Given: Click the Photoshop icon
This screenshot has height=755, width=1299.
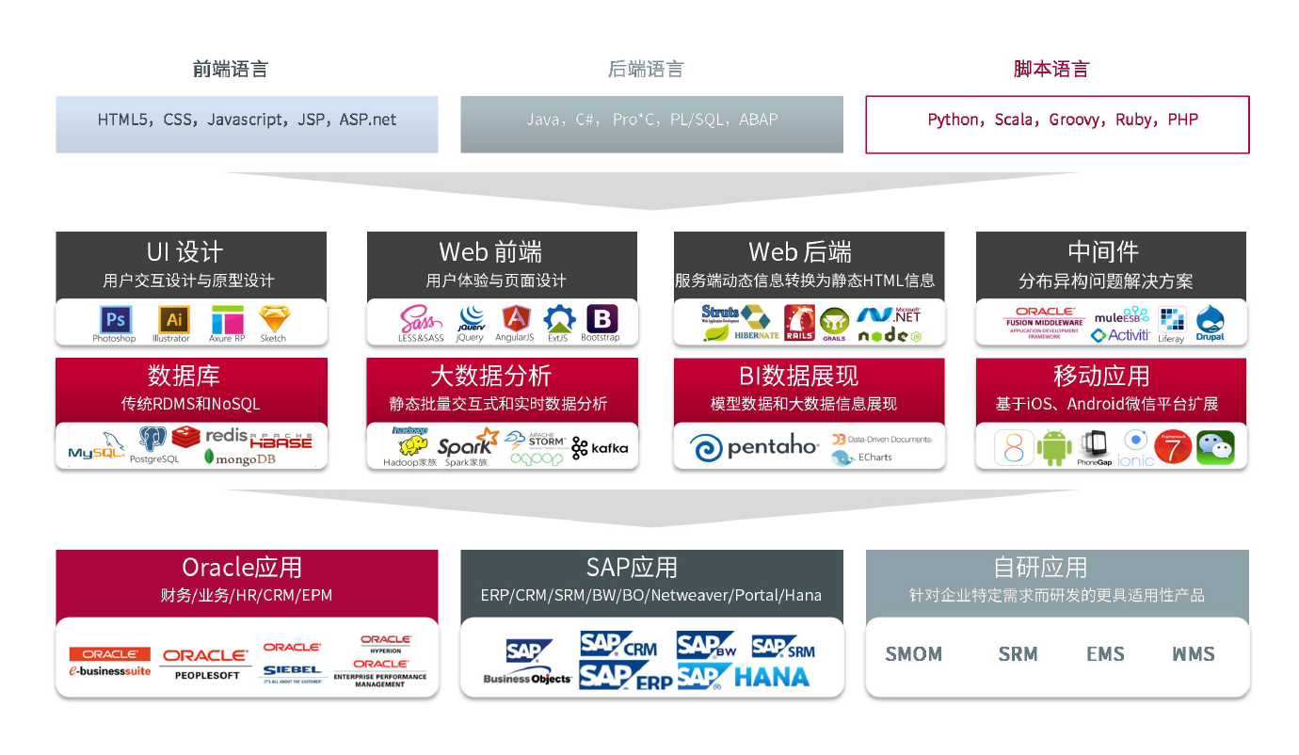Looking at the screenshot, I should coord(115,318).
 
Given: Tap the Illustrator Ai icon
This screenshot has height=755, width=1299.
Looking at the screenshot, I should coord(172,318).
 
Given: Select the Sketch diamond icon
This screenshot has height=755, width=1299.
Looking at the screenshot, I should coord(274,318).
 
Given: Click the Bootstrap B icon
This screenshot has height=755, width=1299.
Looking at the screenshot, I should coord(601,318).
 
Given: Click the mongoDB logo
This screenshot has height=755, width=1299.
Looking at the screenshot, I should coord(240,458).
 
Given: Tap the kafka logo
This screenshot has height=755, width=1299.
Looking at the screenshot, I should coord(600,448).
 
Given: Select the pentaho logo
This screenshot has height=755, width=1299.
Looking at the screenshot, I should coord(754,447).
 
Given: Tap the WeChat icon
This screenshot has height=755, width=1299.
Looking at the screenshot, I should coord(1215,447).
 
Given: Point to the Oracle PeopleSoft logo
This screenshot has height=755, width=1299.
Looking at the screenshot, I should coord(205,662).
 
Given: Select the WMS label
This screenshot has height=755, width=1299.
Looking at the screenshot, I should coord(1194,653).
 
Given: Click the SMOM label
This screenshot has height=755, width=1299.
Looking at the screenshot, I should coord(913,653).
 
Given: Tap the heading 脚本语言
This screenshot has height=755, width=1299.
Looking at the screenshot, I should coord(1050,69).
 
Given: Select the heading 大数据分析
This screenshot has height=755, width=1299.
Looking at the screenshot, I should coord(490,376).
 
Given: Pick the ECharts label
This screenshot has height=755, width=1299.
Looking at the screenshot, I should coord(874,458).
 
